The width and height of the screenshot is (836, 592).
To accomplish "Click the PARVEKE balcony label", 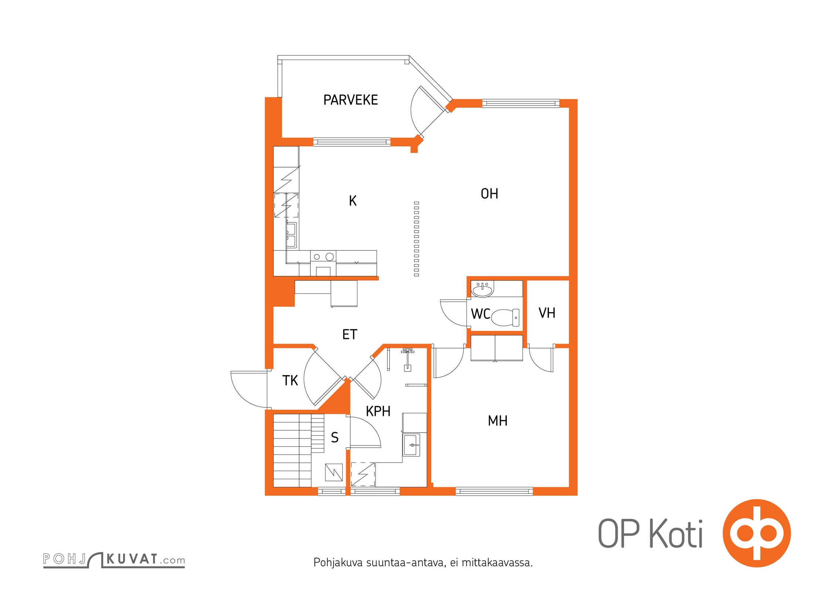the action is [350, 100].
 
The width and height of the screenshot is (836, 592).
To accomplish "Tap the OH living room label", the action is [489, 194].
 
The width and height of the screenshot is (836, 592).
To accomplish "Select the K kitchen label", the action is [353, 201].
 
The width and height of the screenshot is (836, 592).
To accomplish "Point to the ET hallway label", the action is [350, 334].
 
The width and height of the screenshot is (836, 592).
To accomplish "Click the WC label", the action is [480, 314].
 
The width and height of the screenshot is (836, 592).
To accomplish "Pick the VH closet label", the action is [547, 313].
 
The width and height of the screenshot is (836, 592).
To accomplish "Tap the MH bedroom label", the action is [497, 421].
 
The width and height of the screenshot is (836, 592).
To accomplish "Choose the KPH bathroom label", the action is [378, 411].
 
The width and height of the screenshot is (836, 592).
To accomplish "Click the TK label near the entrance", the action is [290, 380].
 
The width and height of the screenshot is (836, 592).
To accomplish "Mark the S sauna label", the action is [335, 437].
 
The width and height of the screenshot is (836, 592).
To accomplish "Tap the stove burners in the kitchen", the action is [323, 256].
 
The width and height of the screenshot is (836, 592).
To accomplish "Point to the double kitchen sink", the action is [291, 235].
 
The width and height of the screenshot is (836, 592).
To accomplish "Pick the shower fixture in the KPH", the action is [407, 359].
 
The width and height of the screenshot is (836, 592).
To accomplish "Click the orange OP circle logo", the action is [757, 533].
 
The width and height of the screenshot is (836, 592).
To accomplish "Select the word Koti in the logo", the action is [676, 534].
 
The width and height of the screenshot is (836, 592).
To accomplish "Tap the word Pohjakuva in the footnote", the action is [338, 563].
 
